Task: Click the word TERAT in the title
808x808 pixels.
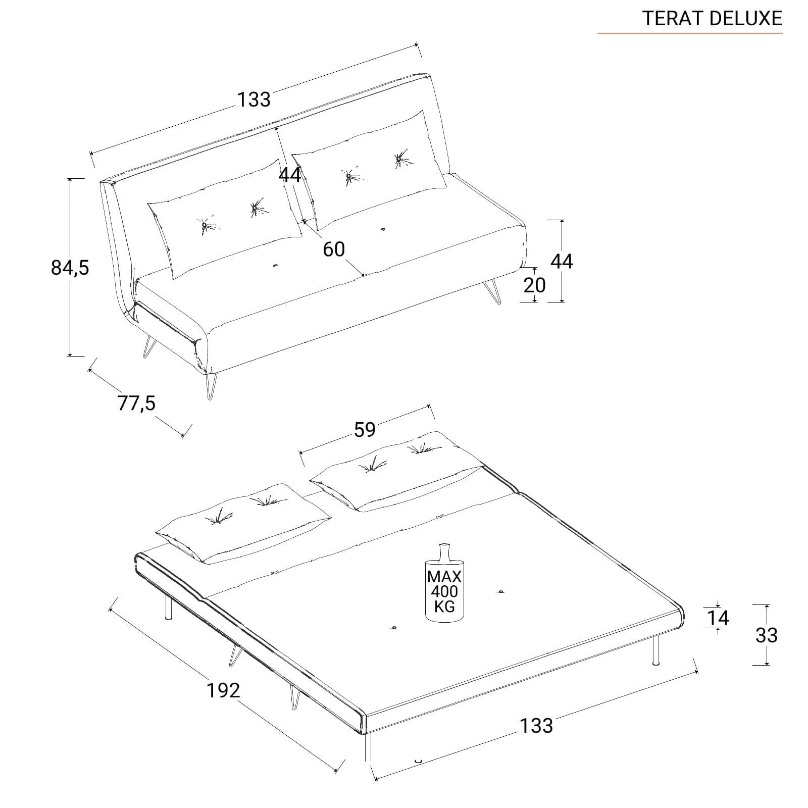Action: (674, 18)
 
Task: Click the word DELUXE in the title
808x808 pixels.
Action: (746, 18)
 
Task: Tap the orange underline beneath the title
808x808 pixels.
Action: (690, 33)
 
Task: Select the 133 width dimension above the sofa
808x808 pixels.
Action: (255, 99)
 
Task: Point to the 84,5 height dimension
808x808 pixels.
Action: (70, 267)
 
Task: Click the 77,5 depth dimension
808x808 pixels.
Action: (137, 403)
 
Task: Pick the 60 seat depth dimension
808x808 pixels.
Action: (334, 249)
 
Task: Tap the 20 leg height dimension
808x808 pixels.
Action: (534, 285)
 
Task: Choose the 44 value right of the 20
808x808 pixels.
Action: (562, 261)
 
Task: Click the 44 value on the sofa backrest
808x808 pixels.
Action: (290, 175)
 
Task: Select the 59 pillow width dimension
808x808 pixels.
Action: (365, 430)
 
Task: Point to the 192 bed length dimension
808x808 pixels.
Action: (223, 690)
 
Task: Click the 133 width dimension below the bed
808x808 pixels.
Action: (536, 726)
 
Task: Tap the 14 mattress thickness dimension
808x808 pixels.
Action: (719, 618)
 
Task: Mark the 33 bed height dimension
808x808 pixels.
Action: (766, 635)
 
